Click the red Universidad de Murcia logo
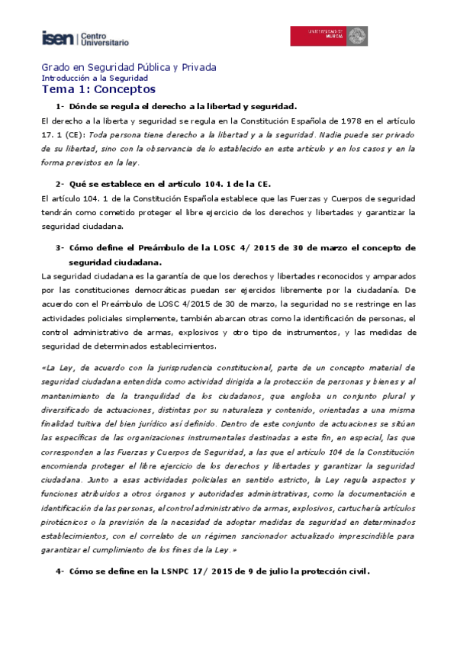[327, 36]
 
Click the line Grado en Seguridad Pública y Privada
[128, 67]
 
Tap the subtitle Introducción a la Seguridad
[95, 78]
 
